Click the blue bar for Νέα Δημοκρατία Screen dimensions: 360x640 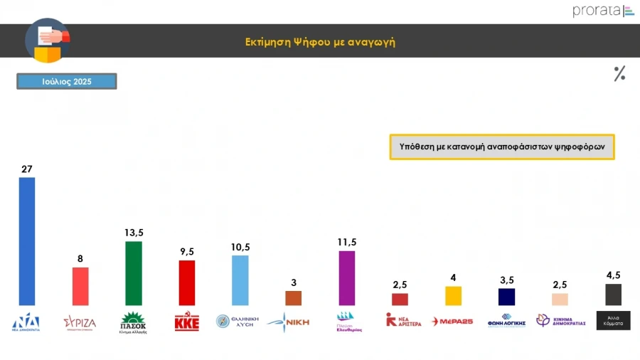coord(26,241)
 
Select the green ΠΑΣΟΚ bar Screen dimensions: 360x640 coord(133,273)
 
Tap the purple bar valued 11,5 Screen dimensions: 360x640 coord(346,278)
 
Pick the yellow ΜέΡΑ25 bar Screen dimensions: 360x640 coord(453,296)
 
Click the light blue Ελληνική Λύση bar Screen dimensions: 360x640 coord(240,280)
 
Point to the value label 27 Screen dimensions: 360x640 coord(27,169)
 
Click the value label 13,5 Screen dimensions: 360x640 coord(133,233)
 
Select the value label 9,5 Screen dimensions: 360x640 coord(186,251)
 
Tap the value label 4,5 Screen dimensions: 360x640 coord(613,275)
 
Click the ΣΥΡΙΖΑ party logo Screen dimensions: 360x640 coord(80,322)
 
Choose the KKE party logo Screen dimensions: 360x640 coord(186,322)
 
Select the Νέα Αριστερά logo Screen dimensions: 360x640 coord(403,321)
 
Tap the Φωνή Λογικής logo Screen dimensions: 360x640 coord(506,320)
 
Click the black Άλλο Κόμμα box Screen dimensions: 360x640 coord(613,321)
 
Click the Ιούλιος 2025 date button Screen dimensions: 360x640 coord(67,82)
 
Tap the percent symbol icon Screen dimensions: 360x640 coord(619,73)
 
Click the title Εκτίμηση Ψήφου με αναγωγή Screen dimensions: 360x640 coord(319,42)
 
